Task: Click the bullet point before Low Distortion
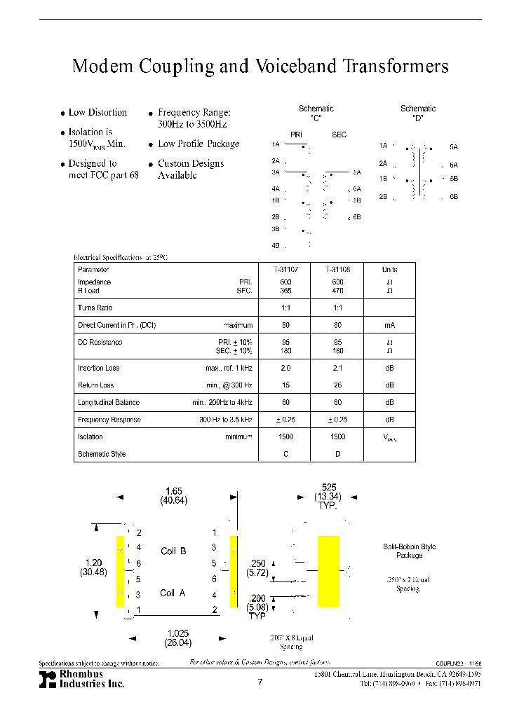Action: tap(62, 113)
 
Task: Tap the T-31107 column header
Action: tap(285, 270)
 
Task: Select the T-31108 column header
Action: tap(337, 270)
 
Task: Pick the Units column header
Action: tap(389, 270)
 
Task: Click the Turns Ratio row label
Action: tap(95, 308)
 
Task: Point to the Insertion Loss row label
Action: tap(99, 368)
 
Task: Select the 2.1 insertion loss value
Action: tap(337, 368)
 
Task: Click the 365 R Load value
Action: tap(285, 290)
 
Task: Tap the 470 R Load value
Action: tap(337, 290)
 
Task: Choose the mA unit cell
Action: tap(389, 326)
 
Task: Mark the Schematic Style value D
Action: tap(337, 455)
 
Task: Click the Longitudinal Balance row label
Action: tap(109, 403)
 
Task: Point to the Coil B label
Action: tap(173, 551)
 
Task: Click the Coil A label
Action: tap(173, 593)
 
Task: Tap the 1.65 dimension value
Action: tap(173, 492)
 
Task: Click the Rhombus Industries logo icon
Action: tap(47, 679)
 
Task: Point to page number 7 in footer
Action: tap(260, 682)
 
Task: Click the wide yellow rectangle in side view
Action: tap(328, 562)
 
